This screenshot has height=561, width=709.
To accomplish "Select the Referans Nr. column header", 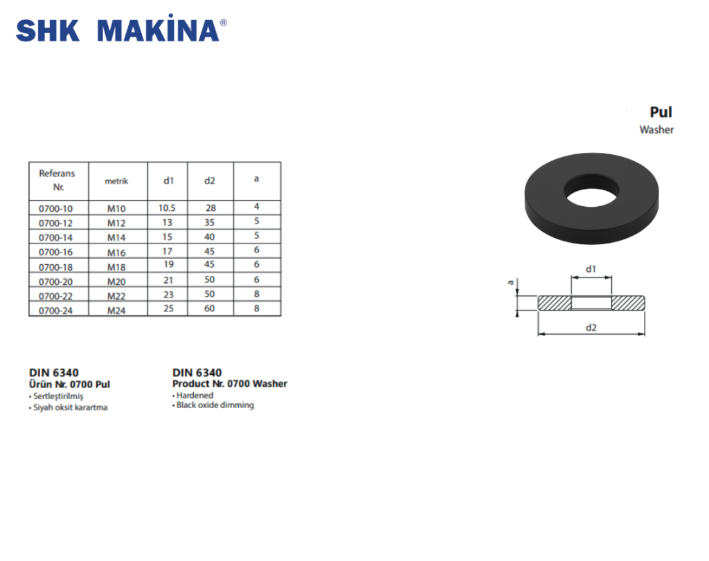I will [57, 181].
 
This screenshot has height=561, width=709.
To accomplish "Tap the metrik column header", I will [116, 181].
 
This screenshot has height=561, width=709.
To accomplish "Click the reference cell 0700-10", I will [55, 208].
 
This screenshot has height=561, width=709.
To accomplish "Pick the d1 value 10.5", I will [168, 208].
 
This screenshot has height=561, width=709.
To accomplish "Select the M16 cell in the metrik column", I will [116, 252].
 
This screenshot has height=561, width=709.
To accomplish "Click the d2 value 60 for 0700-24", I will [209, 309].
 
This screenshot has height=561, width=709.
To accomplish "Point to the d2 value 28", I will [210, 208].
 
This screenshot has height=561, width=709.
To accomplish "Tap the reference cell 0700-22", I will [55, 296].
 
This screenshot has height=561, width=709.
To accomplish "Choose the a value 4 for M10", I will [256, 207].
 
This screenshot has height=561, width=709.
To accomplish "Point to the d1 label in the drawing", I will [591, 268].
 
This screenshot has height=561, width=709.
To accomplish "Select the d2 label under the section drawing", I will [591, 327].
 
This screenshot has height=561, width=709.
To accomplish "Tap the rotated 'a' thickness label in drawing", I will [510, 282].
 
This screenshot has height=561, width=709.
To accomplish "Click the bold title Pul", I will [661, 112].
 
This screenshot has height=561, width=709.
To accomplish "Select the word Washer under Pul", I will [656, 130].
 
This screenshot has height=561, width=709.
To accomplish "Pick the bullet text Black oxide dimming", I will [215, 405].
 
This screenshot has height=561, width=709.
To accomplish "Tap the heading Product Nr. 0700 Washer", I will [229, 384].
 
